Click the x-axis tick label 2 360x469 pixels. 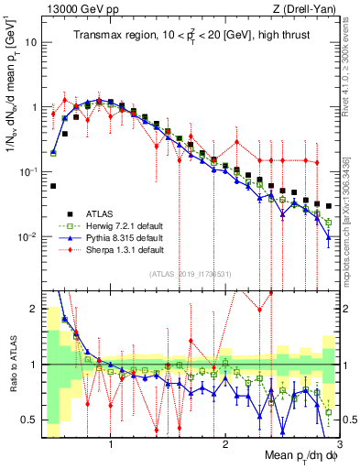pyautogui.click(x=225, y=444)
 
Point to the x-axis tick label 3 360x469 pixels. pyautogui.click(x=338, y=444)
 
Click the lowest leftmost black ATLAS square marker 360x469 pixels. pyautogui.click(x=53, y=186)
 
